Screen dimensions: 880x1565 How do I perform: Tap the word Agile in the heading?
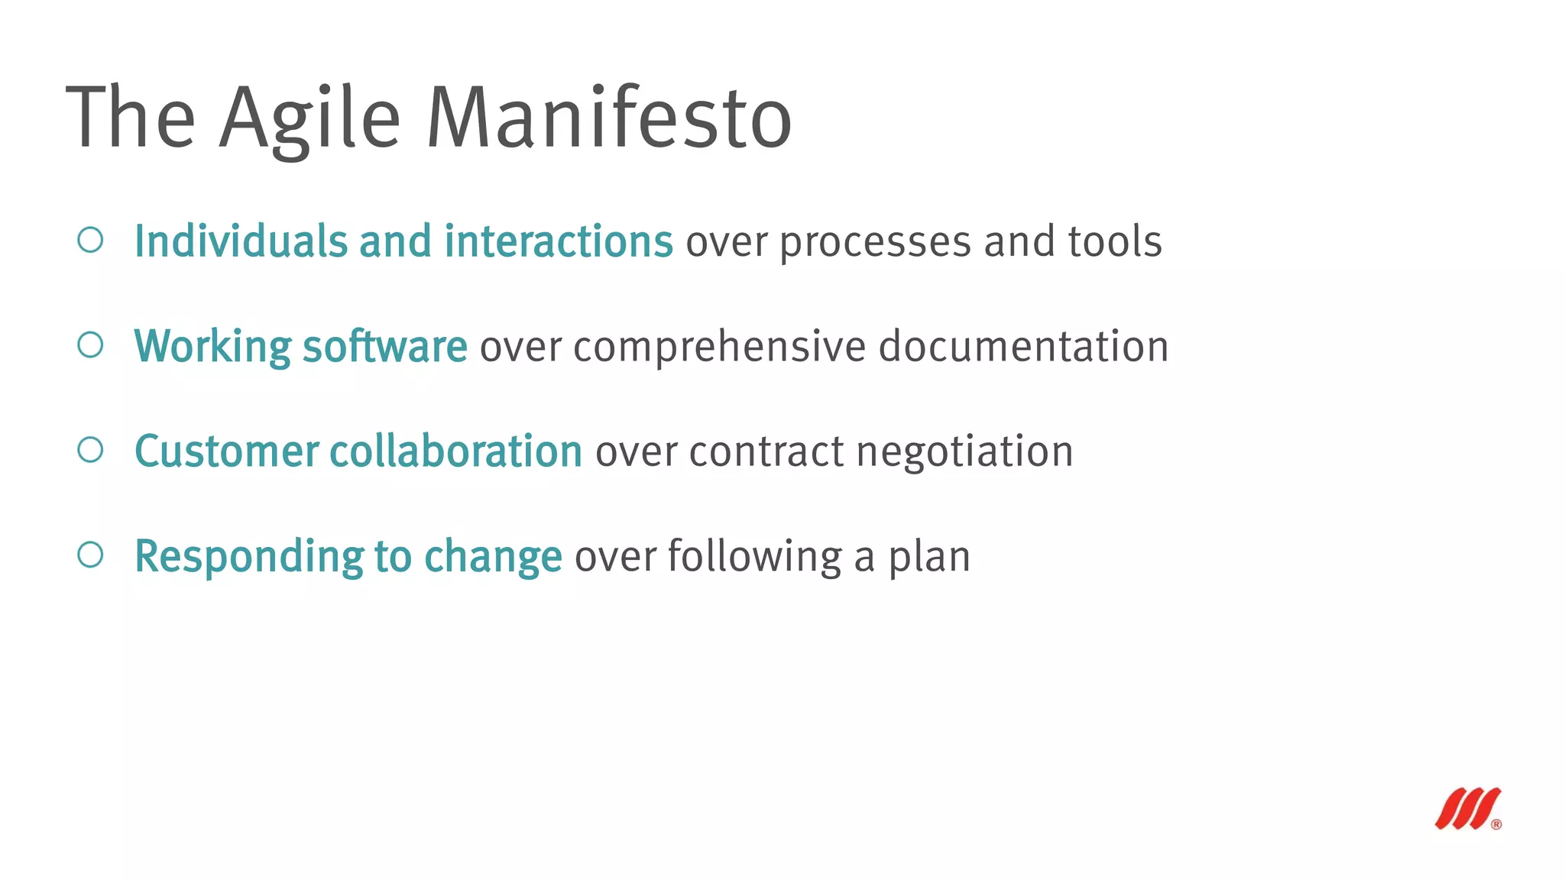pos(309,118)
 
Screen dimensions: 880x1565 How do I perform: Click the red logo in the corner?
pos(1468,808)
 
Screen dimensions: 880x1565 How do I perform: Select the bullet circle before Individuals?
pos(90,240)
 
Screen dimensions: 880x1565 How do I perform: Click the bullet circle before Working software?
pos(90,345)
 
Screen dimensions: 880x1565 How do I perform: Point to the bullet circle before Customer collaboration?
pos(90,449)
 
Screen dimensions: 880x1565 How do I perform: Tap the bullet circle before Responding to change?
pos(90,555)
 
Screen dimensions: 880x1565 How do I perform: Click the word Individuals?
pos(241,241)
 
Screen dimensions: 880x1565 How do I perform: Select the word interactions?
pos(559,241)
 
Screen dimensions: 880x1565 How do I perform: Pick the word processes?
pos(875,243)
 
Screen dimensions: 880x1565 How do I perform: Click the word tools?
pos(1115,241)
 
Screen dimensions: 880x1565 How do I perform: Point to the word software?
pos(385,346)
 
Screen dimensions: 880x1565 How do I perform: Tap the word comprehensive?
pos(719,348)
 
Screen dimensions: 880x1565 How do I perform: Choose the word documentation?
pos(1023,346)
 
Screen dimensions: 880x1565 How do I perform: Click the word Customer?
pos(226,451)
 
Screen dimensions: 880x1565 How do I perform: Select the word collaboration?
pos(456,451)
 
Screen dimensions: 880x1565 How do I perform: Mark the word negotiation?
pos(964,452)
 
